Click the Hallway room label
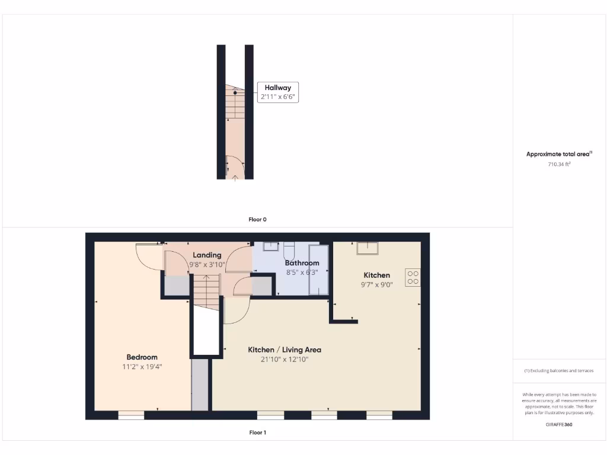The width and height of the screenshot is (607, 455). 277,88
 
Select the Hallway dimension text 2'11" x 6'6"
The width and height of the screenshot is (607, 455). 277,97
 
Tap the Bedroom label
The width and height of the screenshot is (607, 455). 142,357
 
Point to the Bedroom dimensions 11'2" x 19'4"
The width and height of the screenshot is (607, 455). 142,367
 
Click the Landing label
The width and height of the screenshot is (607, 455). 207,255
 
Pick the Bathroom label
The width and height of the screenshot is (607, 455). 302,263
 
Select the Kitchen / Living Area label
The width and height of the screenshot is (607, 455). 285,350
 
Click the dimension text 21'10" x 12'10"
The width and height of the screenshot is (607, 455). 285,359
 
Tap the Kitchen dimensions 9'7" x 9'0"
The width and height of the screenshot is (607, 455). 376,284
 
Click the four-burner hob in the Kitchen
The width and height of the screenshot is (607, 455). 413,278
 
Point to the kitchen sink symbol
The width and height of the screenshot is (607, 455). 366,248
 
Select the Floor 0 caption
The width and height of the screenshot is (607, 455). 257,219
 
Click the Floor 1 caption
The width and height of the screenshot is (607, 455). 257,432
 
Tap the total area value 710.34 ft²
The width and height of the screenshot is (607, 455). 559,164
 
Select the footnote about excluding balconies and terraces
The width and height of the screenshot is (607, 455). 559,371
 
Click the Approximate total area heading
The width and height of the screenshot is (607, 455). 559,154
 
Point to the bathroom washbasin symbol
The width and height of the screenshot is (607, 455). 272,246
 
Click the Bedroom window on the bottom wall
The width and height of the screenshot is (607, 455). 131,416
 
